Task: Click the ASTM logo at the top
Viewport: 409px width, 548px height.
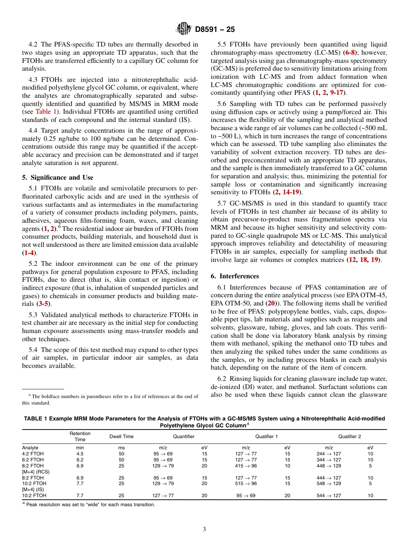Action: [x=184, y=29]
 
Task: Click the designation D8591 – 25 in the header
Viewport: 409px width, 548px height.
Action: [x=215, y=29]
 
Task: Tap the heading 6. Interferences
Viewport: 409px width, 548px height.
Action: [x=235, y=276]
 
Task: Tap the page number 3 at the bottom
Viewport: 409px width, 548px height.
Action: [x=204, y=529]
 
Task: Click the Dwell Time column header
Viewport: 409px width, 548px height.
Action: [x=121, y=436]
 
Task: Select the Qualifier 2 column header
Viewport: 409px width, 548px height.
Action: [x=349, y=436]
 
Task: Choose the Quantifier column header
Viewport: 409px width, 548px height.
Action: [x=184, y=436]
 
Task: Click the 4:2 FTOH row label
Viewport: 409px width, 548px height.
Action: [x=33, y=454]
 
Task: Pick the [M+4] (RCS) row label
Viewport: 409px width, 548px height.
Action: [x=36, y=472]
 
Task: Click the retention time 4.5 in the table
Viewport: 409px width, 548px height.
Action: [x=80, y=454]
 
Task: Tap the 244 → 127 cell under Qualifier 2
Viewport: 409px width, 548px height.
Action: [x=328, y=454]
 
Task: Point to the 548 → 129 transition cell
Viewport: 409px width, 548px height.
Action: [x=328, y=484]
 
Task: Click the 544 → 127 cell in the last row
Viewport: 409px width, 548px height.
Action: [x=328, y=495]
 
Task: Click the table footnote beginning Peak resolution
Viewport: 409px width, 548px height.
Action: [x=90, y=504]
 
